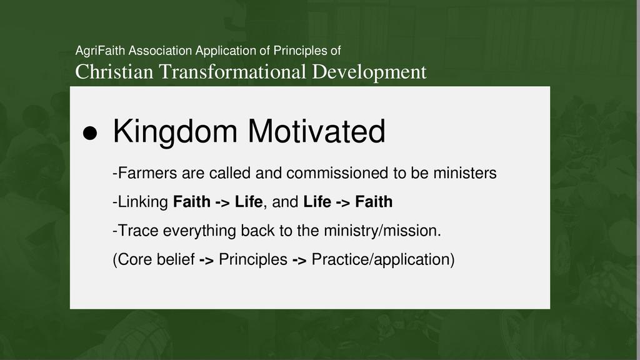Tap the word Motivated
316,131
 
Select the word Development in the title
369,72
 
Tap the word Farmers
147,173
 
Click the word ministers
465,173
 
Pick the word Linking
143,202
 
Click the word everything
199,231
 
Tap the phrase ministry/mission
382,231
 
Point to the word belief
176,259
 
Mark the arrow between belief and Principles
206,261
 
